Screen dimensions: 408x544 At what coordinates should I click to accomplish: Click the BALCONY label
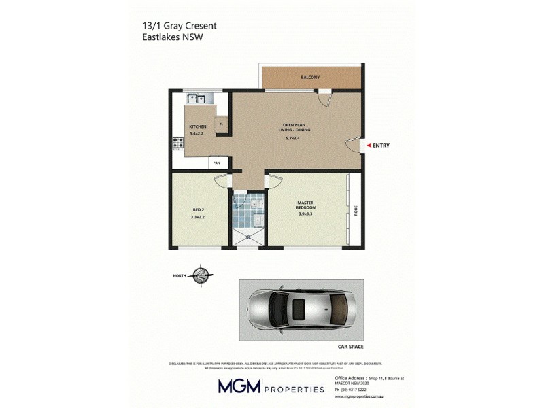310,78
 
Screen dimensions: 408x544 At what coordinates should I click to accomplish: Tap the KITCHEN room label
198,127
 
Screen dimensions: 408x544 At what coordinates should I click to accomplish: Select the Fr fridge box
221,125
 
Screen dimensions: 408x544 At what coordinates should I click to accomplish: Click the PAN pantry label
217,163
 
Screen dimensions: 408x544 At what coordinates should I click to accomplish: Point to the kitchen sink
197,99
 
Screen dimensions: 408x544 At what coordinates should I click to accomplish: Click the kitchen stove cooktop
180,143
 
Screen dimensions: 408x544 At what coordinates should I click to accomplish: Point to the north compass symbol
202,275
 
